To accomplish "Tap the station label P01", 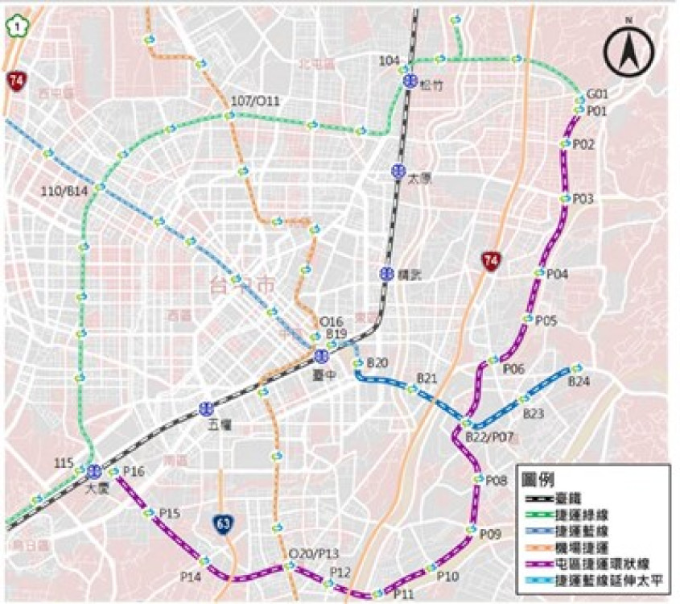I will pos(596,111).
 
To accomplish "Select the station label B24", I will pos(579,382).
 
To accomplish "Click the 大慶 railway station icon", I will pos(95,470).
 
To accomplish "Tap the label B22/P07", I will pos(491,436).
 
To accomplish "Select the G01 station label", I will pos(597,93).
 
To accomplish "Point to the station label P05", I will pos(546,321).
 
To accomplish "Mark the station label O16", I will pos(331,321).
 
